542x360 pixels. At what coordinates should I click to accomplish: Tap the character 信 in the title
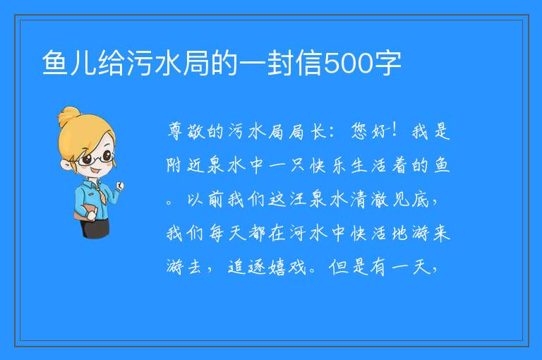pos(309,63)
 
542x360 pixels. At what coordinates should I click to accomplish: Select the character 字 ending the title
pos(387,63)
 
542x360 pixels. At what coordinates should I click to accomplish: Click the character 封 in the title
pos(281,63)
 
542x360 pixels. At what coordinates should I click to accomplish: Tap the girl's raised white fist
pos(119,186)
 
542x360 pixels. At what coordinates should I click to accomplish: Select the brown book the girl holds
pos(84,212)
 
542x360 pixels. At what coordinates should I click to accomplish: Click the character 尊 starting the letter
pos(176,131)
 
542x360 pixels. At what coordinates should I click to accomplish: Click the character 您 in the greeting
pos(359,131)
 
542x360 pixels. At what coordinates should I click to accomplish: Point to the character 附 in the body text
pos(174,165)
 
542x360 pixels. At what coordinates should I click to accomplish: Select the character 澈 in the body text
pos(380,199)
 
